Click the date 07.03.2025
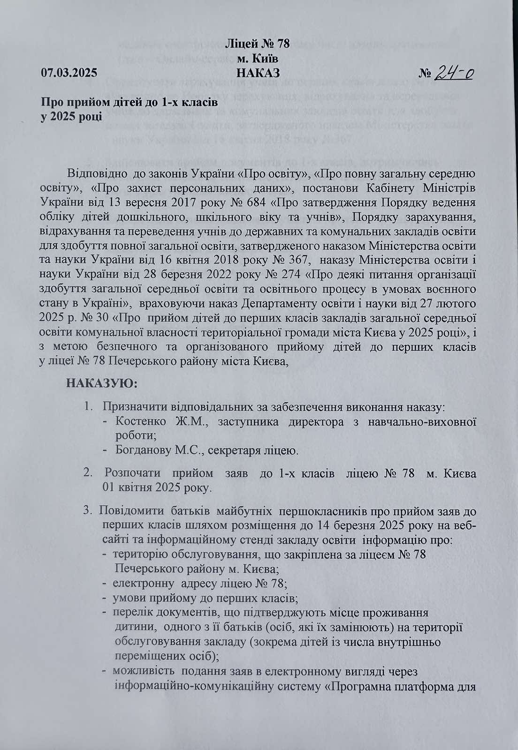click(69, 73)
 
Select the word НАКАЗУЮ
click(102, 384)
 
